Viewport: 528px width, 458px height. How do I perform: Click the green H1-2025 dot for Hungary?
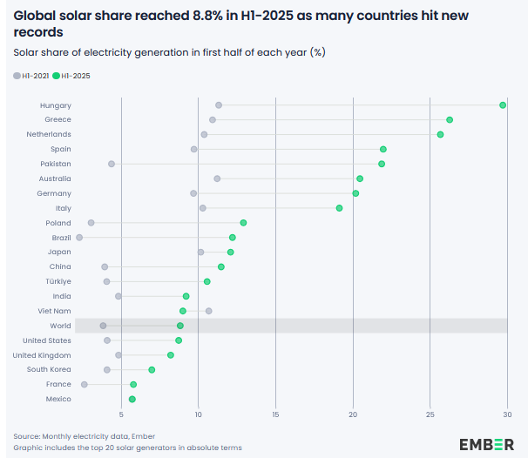point(503,105)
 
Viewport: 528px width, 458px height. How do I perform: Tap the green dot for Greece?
point(450,120)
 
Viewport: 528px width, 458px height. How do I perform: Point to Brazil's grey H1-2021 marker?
point(79,238)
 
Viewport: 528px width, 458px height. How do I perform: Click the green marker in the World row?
point(180,326)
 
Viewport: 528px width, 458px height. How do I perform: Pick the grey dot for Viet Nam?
point(209,311)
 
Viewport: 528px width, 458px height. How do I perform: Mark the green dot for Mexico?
point(132,399)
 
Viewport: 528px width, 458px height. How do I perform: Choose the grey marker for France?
point(85,384)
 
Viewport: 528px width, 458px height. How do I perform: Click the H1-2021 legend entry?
point(30,77)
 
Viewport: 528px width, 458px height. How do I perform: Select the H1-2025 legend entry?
point(71,77)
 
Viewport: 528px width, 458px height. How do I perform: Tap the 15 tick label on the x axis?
point(275,414)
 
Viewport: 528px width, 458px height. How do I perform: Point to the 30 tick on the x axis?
point(507,414)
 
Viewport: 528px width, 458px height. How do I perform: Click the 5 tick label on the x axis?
point(122,414)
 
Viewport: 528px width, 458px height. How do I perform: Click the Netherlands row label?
point(50,134)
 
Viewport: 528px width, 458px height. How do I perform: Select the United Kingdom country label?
point(42,355)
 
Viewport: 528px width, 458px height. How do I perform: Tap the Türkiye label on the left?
point(58,281)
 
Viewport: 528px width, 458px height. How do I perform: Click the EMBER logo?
point(486,444)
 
